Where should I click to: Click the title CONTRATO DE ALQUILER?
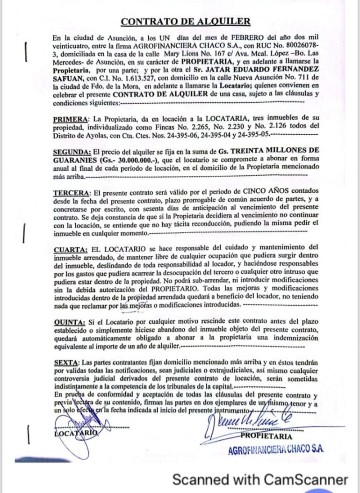(x=185, y=22)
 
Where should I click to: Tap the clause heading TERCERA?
(x=71, y=192)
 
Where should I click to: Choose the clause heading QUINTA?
(x=69, y=322)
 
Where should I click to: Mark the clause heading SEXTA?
(x=65, y=362)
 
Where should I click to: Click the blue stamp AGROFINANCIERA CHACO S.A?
(x=276, y=449)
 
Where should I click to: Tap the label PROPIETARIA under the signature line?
(x=267, y=436)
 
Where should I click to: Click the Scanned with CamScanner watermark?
(x=260, y=479)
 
